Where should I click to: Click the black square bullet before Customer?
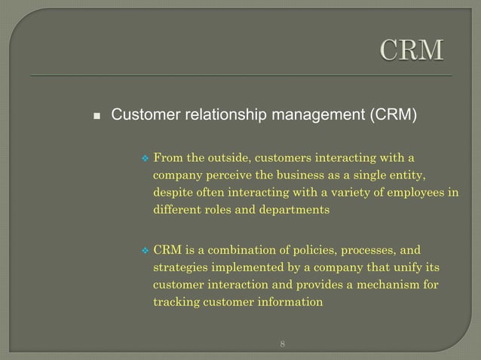coord(97,117)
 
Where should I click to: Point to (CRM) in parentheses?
coord(392,115)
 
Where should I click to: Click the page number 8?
coord(282,344)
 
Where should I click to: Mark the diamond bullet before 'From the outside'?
coord(146,158)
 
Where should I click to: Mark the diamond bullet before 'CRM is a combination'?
coord(146,250)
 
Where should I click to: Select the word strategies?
coord(179,267)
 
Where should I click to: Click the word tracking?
coord(176,302)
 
